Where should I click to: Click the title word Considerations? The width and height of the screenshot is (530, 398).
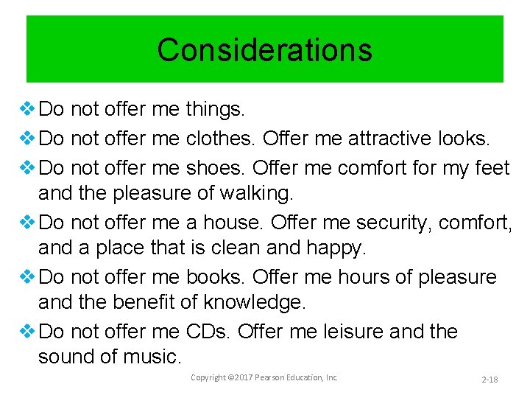[264, 50]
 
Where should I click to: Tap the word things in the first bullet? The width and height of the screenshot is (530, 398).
[215, 110]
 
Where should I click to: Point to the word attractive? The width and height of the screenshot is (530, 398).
[393, 139]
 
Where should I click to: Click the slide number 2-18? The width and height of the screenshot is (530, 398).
[490, 379]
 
